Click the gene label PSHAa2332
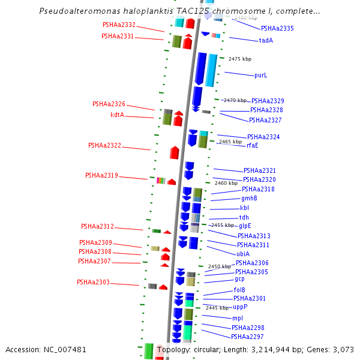click(119, 25)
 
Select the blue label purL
click(260, 76)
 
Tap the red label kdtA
click(117, 115)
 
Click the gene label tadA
click(266, 41)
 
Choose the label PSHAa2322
click(104, 145)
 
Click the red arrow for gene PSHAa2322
click(175, 152)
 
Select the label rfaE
click(252, 145)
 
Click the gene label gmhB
click(249, 199)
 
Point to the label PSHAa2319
click(101, 176)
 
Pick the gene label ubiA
click(243, 254)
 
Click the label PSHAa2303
click(93, 282)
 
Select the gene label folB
click(239, 290)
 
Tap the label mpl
click(238, 318)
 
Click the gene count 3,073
click(343, 349)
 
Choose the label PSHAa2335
click(277, 28)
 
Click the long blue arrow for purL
click(200, 68)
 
